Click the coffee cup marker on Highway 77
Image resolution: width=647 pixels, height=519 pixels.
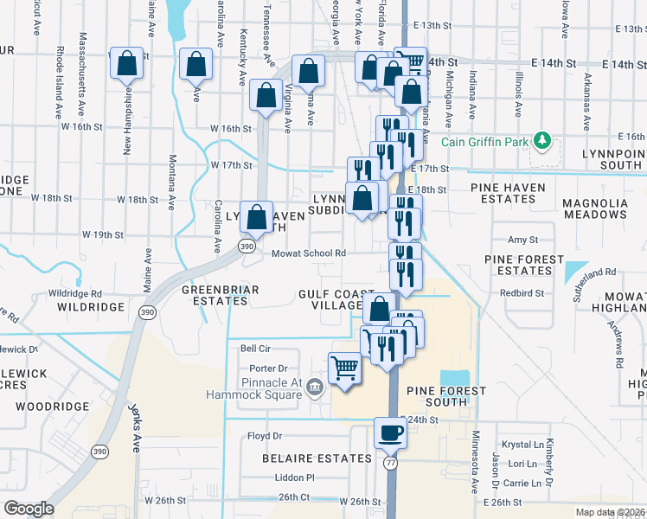click(x=389, y=432)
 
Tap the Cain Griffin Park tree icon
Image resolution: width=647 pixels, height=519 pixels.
click(x=541, y=139)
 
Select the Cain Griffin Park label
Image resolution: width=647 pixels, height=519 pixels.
click(x=485, y=143)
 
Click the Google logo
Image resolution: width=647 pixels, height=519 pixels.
click(x=29, y=509)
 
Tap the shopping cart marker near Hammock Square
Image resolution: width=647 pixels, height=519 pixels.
click(x=344, y=368)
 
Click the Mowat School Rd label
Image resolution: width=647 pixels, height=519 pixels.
click(x=309, y=253)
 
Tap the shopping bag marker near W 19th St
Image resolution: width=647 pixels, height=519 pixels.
click(x=256, y=217)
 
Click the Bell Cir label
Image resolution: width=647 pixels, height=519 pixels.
click(x=255, y=349)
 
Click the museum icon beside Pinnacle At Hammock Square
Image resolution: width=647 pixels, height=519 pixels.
click(x=315, y=386)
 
